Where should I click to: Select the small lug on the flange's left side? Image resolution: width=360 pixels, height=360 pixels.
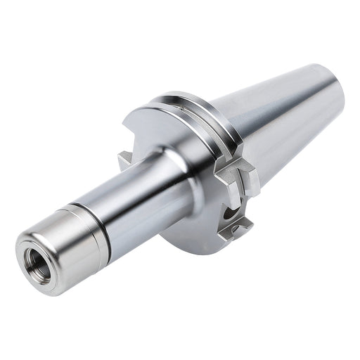coord(124,161)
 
